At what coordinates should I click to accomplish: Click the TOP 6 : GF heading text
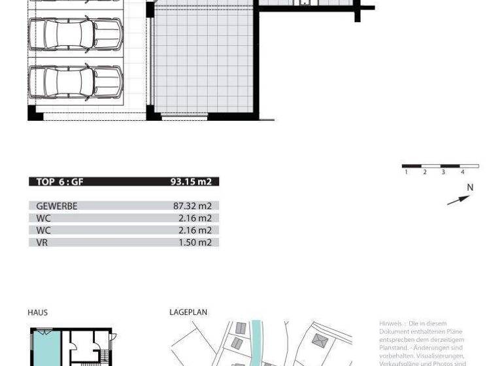pos(59,182)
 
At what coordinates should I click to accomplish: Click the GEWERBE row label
pos(57,206)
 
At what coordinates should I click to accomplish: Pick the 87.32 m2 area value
pos(192,206)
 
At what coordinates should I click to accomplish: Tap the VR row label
pos(42,242)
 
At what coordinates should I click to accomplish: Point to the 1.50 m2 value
pos(195,242)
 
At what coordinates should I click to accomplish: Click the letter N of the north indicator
pos(469,188)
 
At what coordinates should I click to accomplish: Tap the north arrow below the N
pos(458,200)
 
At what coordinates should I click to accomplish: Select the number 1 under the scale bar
pos(406,173)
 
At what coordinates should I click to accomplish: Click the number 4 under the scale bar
pos(462,173)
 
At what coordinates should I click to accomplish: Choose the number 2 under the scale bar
pos(424,173)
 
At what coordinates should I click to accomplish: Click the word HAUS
pos(37,312)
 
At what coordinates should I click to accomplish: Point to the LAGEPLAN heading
pos(188,312)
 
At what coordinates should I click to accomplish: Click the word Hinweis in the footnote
pos(391,324)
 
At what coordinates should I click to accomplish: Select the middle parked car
pos(75,34)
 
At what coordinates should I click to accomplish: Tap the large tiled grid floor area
pos(203,62)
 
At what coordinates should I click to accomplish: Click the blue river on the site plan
pos(256,340)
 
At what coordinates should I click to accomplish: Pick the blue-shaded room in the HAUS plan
pos(46,350)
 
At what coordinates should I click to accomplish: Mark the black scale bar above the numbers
pos(440,166)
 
